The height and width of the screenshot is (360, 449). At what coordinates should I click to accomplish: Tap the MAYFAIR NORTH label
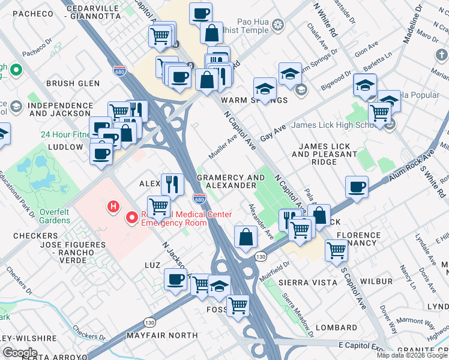click(162, 335)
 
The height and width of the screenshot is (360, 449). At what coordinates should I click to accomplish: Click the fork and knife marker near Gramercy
click(173, 184)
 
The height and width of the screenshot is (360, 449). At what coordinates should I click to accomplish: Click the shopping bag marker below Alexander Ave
click(246, 236)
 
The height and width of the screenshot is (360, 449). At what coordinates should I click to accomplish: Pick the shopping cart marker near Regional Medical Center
click(158, 206)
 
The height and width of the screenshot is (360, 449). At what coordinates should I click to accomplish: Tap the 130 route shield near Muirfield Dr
click(260, 256)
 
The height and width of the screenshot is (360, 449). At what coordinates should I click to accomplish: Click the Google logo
click(20, 352)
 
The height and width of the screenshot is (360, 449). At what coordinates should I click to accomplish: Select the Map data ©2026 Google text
click(412, 355)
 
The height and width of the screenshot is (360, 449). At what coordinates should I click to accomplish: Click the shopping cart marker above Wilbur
click(337, 249)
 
